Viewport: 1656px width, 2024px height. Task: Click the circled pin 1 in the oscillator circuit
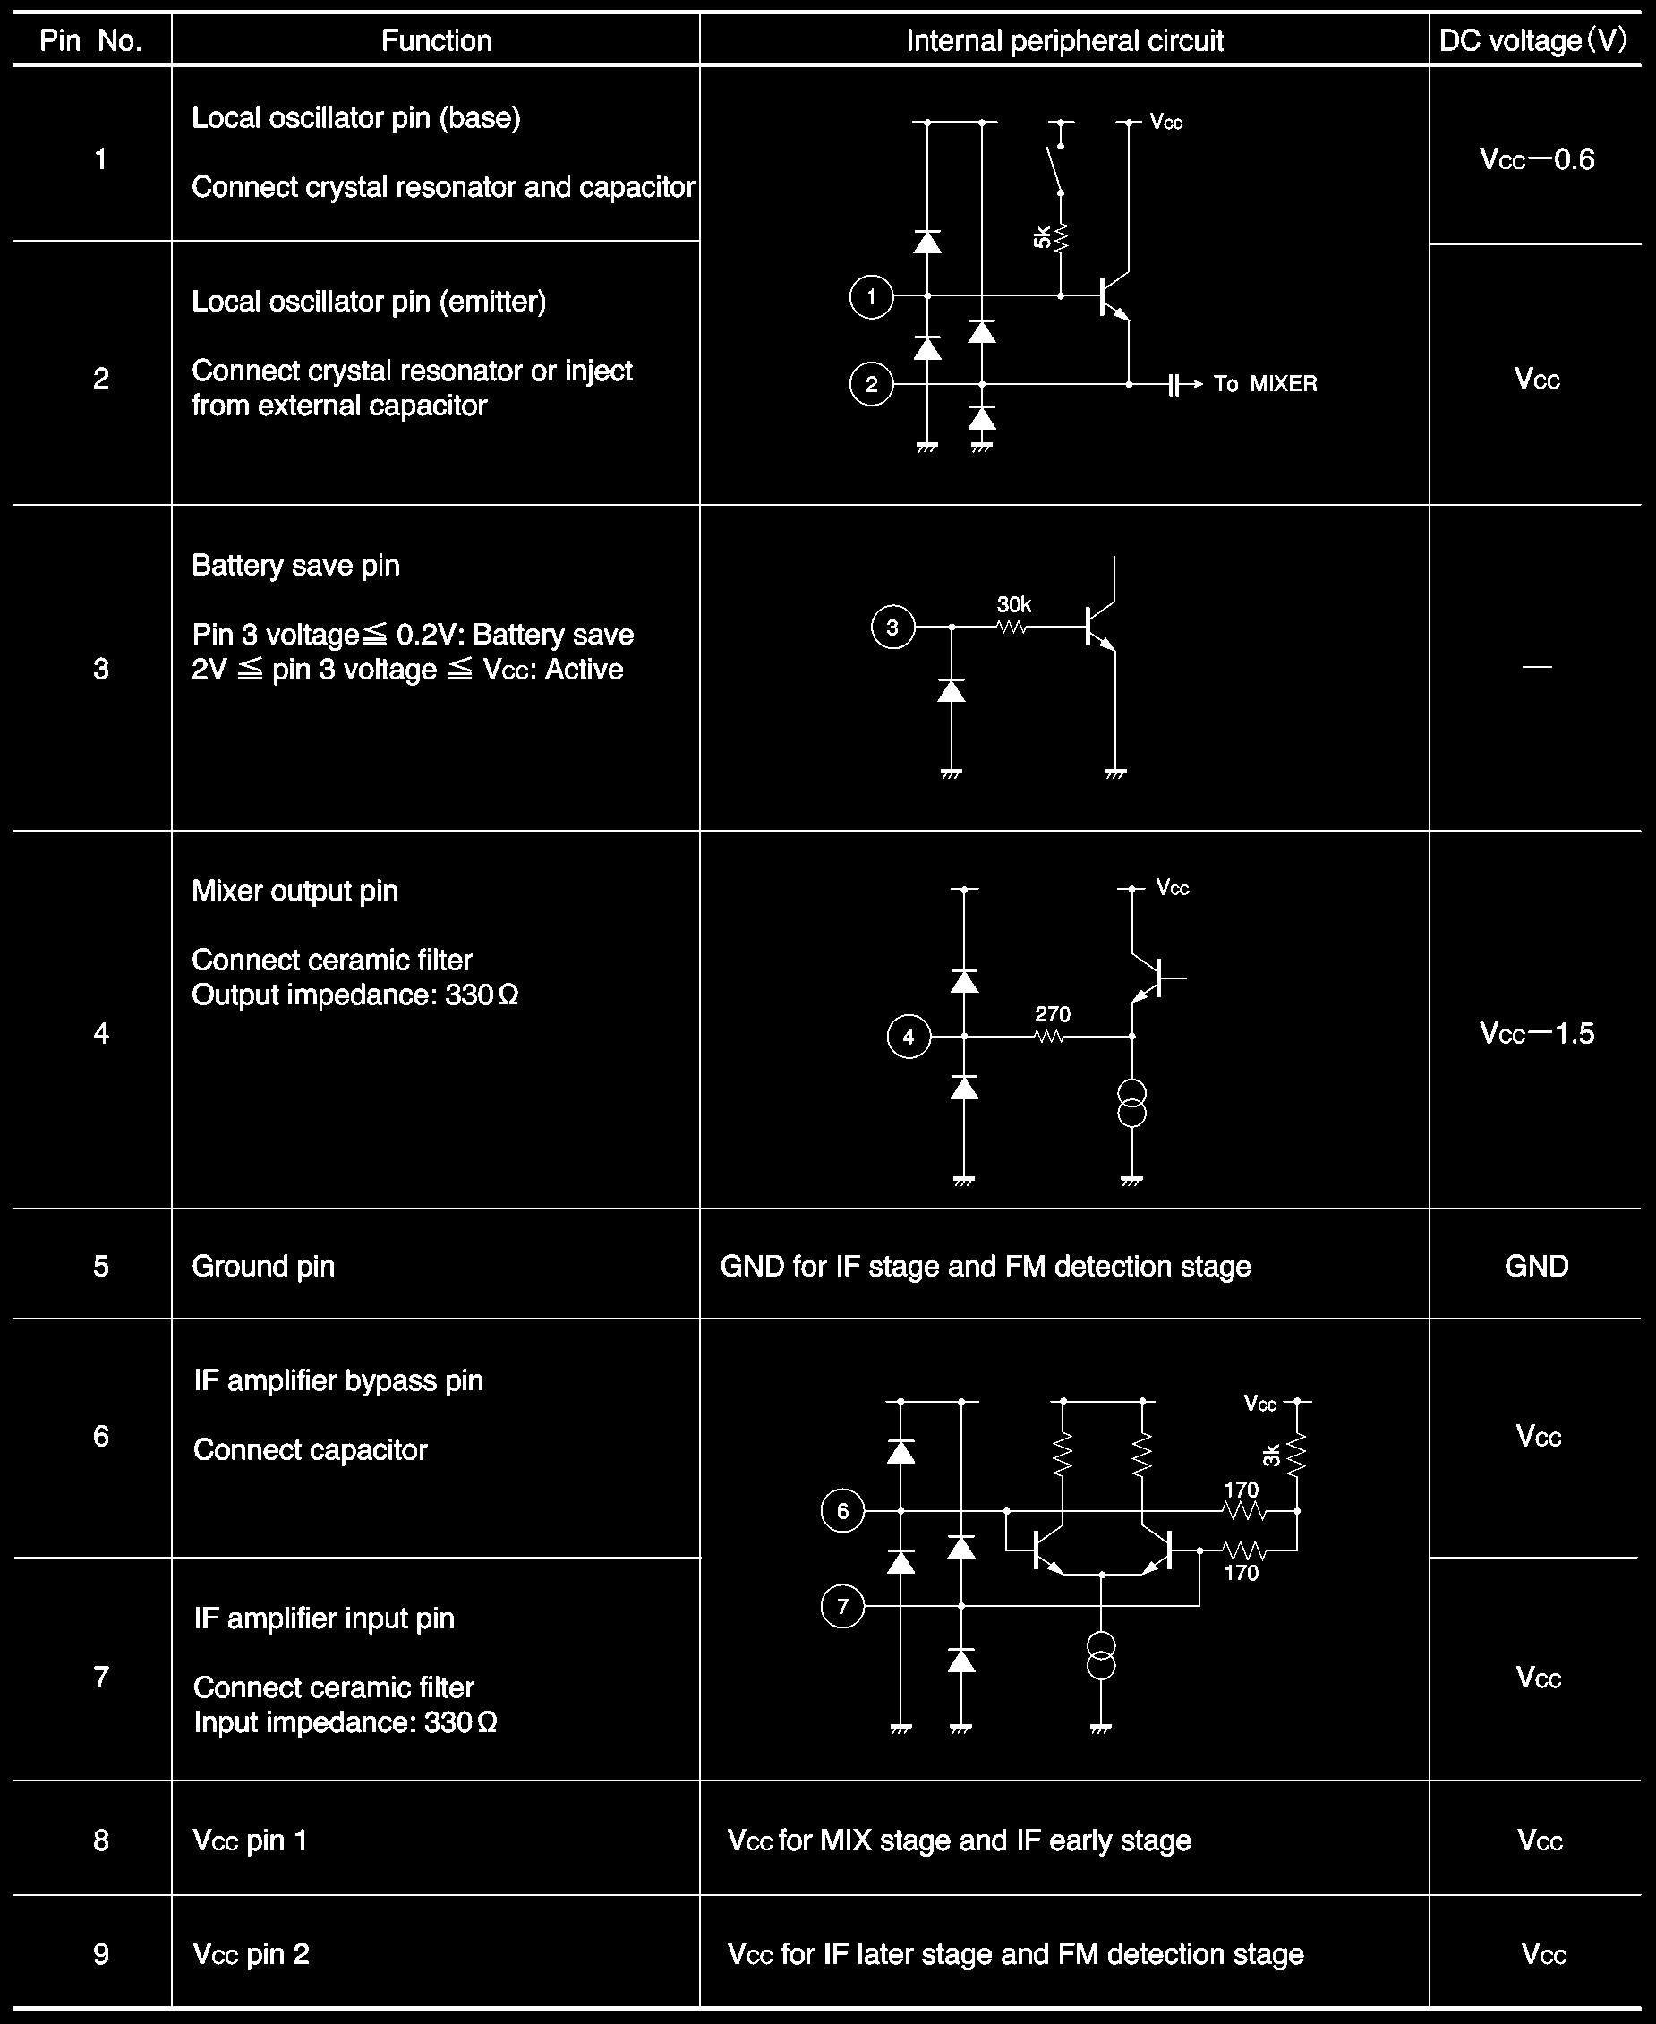pyautogui.click(x=870, y=296)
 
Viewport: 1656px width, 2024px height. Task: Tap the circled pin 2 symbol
pyautogui.click(x=870, y=384)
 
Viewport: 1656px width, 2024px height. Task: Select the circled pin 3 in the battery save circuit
pyautogui.click(x=892, y=628)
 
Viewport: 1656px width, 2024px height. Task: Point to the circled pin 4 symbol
pyautogui.click(x=909, y=1037)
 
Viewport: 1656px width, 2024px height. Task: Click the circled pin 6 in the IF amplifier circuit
pyautogui.click(x=841, y=1511)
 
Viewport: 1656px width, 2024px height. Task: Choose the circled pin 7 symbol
pyautogui.click(x=841, y=1606)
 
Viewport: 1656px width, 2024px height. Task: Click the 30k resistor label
pyautogui.click(x=1014, y=605)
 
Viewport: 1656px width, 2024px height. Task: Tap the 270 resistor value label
pyautogui.click(x=1052, y=1014)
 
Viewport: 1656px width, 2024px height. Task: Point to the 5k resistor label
pyautogui.click(x=1042, y=236)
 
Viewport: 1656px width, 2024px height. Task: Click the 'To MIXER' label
pyautogui.click(x=1265, y=383)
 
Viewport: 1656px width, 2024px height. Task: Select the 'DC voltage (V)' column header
pyautogui.click(x=1533, y=41)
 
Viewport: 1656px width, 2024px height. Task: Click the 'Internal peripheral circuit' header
pyautogui.click(x=1063, y=41)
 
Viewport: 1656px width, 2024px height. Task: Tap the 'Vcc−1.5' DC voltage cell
pyautogui.click(x=1536, y=1034)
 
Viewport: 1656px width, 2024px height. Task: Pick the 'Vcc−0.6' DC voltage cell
pyautogui.click(x=1536, y=159)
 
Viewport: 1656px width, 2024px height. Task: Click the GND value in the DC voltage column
pyautogui.click(x=1536, y=1266)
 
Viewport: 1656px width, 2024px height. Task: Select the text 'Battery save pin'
pyautogui.click(x=295, y=566)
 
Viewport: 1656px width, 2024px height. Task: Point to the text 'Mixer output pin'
pyautogui.click(x=294, y=891)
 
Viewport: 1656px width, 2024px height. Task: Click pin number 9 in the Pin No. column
pyautogui.click(x=101, y=1954)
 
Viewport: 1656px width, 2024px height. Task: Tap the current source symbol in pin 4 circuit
pyautogui.click(x=1131, y=1104)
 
